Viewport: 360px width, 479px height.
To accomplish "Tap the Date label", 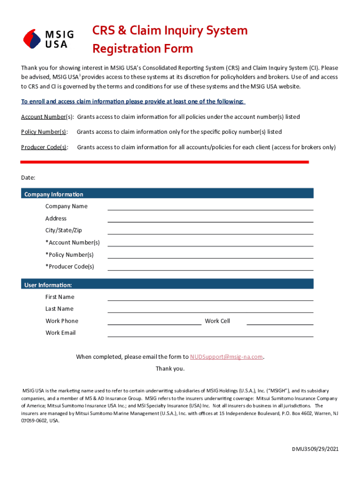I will pyautogui.click(x=28, y=178).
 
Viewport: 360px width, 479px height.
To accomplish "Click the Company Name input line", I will pyautogui.click(x=210, y=207).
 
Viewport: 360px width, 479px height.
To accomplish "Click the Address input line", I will pyautogui.click(x=210, y=219).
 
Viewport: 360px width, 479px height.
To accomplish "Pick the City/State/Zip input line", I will pyautogui.click(x=210, y=231).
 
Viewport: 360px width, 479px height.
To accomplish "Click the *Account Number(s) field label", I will pyautogui.click(x=72, y=242).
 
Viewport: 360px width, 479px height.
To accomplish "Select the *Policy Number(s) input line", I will pyautogui.click(x=210, y=255).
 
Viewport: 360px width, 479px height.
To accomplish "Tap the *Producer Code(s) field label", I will pyautogui.click(x=70, y=267).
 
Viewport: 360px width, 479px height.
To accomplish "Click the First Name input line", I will pyautogui.click(x=210, y=297).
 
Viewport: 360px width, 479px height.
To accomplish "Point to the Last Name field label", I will pyautogui.click(x=59, y=309).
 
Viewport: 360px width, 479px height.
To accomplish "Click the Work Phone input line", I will pyautogui.click(x=154, y=321).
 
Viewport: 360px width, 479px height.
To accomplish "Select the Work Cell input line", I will pyautogui.click(x=280, y=321).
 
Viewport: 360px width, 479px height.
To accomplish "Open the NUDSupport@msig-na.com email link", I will pyautogui.click(x=226, y=357).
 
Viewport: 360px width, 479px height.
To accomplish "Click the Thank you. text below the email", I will pyautogui.click(x=170, y=369).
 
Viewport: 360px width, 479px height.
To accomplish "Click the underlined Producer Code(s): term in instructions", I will pyautogui.click(x=44, y=147).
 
